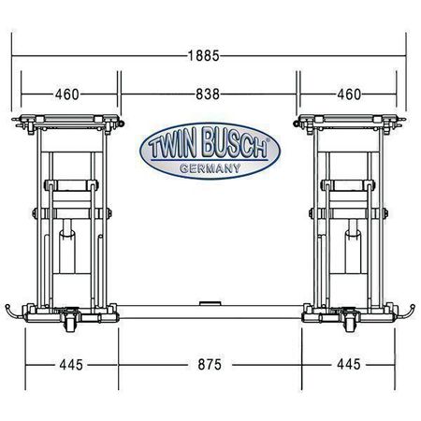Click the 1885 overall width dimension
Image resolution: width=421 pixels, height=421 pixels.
click(204, 56)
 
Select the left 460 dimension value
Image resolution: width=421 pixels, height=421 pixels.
click(67, 94)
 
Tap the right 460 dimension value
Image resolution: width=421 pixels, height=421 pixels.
click(349, 94)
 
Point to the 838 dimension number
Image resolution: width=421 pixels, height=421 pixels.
click(208, 94)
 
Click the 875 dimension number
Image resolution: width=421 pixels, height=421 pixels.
click(210, 365)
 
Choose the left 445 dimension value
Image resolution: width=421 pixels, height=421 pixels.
click(71, 365)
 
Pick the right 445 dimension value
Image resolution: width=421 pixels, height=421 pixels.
click(349, 364)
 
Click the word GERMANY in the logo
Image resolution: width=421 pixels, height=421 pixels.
click(210, 168)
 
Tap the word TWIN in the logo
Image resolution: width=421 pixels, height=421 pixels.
click(172, 146)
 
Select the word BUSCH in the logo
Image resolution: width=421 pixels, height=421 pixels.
click(235, 142)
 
